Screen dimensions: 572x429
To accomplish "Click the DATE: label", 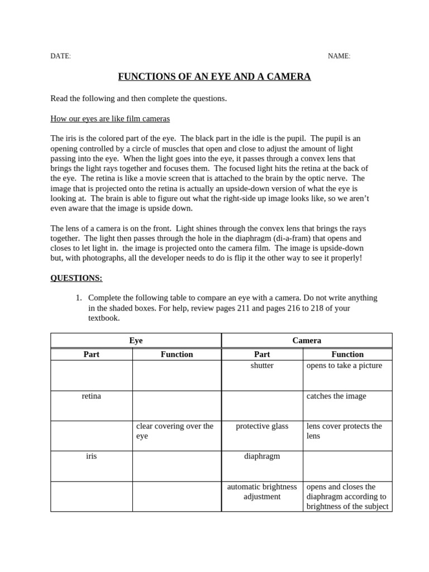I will pyautogui.click(x=60, y=56).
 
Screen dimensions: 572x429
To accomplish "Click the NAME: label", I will pyautogui.click(x=339, y=56).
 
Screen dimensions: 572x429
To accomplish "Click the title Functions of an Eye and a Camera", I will pyautogui.click(x=214, y=77).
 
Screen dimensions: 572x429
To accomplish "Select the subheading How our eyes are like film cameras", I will pyautogui.click(x=110, y=118).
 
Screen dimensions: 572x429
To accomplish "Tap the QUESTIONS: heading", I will pyautogui.click(x=77, y=278).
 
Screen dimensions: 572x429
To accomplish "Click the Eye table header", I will pyautogui.click(x=136, y=340).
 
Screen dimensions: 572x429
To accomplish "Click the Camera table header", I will pyautogui.click(x=307, y=340).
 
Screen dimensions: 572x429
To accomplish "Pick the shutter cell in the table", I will pyautogui.click(x=262, y=365).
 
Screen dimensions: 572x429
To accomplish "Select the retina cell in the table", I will pyautogui.click(x=91, y=396).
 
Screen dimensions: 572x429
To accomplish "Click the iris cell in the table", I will pyautogui.click(x=91, y=456).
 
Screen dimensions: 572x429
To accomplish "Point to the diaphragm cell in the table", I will pyautogui.click(x=262, y=456).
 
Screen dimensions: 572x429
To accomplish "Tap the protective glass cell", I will pyautogui.click(x=262, y=426).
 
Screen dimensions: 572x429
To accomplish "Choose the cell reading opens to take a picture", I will pyautogui.click(x=344, y=365).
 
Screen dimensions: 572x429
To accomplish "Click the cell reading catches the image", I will pyautogui.click(x=336, y=396).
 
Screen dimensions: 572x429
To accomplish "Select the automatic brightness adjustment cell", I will pyautogui.click(x=262, y=492).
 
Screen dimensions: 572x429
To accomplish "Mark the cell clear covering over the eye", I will pyautogui.click(x=174, y=431).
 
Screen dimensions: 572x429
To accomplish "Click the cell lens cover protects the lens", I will pyautogui.click(x=344, y=431).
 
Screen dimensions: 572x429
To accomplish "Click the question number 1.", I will pyautogui.click(x=79, y=298).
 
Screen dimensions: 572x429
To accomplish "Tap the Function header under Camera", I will pyautogui.click(x=347, y=354).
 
